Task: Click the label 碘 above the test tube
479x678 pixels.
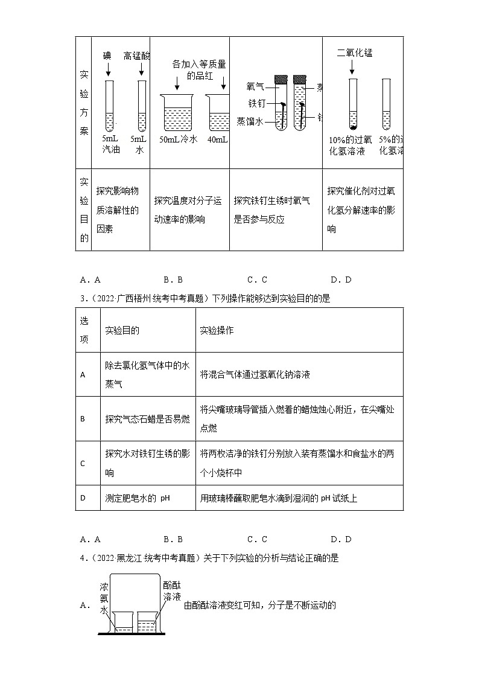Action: (x=107, y=56)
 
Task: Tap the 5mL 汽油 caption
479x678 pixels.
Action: (x=111, y=144)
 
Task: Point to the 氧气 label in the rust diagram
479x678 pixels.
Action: (x=256, y=86)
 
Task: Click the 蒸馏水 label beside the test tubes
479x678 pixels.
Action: (x=250, y=121)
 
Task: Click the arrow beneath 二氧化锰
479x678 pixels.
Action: (x=352, y=69)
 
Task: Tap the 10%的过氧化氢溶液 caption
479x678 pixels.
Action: (x=347, y=145)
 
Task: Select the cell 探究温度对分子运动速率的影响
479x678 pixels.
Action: (x=188, y=209)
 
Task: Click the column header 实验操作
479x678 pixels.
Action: (x=217, y=330)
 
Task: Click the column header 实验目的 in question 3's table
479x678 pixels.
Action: (x=122, y=330)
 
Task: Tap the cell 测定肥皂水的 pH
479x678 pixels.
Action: (x=138, y=498)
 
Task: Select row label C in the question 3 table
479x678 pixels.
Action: (x=83, y=463)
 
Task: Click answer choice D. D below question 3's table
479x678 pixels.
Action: (x=341, y=539)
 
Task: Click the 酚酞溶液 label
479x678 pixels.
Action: (x=171, y=591)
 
